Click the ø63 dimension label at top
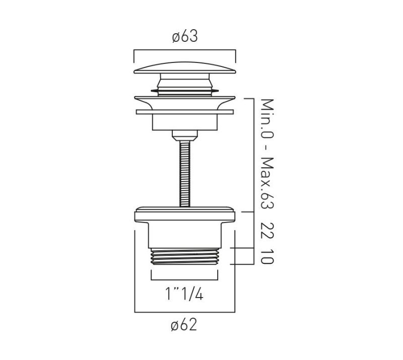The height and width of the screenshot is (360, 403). coord(185,36)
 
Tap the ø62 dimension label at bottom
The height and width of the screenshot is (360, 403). coord(184,325)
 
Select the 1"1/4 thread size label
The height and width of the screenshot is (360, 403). coord(184,294)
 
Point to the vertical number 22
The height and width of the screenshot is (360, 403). coord(267,231)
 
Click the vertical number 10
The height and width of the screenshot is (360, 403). coord(267,256)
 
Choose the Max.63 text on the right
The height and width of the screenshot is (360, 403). coord(267,183)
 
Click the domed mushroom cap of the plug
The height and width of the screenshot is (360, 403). coord(184,68)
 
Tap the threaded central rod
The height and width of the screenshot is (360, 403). coord(185,173)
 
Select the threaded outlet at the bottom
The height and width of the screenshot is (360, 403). coord(184,256)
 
